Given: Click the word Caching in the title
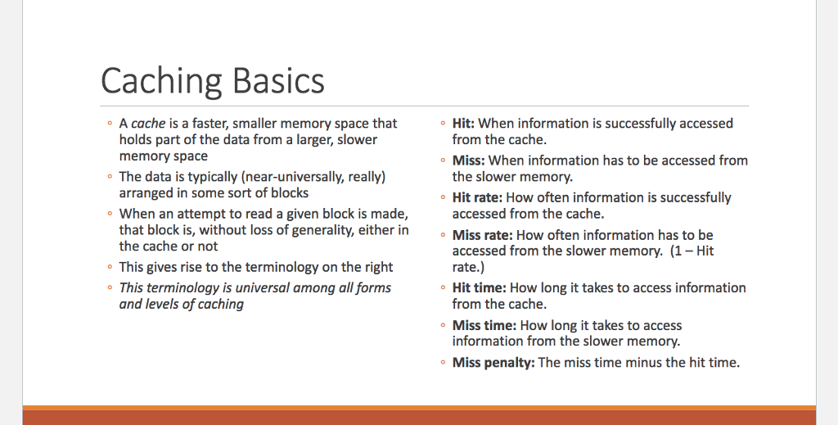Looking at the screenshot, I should point(161,81).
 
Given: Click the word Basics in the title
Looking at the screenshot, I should point(278,81).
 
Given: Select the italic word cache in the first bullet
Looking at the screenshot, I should point(148,124).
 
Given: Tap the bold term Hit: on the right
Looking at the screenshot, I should point(463,124).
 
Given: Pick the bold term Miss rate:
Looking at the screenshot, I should point(483,235).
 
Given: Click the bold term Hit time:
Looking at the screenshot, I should point(479,287).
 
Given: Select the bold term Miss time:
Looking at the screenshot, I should point(484,325).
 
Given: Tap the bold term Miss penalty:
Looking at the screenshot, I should point(493,362).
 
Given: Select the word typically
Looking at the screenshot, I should point(204,177).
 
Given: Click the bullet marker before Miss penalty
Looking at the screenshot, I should point(442,362).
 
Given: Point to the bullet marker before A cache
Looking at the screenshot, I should point(109,124).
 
